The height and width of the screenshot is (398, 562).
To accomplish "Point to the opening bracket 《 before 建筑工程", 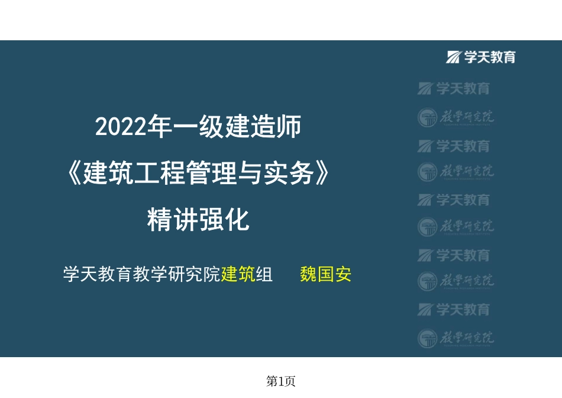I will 73,174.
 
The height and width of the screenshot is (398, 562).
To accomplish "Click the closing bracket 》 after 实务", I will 320,174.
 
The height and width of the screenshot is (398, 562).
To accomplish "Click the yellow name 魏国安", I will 325,275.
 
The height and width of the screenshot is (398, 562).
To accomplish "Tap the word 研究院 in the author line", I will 195,275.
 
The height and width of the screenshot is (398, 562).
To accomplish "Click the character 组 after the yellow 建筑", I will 264,275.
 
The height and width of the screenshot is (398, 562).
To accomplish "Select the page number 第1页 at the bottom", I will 281,382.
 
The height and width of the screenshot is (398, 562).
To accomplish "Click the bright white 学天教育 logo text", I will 490,57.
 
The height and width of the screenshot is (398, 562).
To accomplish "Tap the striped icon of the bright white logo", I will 454,57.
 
